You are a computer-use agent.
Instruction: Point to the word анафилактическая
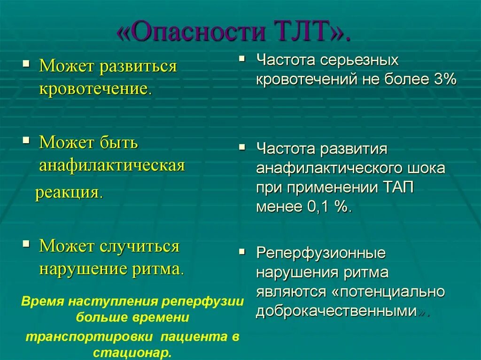[x=112, y=165]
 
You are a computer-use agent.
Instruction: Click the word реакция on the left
[x=68, y=193]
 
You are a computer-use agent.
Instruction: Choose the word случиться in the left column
[x=141, y=246]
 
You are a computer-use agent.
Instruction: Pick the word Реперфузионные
[x=321, y=253]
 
